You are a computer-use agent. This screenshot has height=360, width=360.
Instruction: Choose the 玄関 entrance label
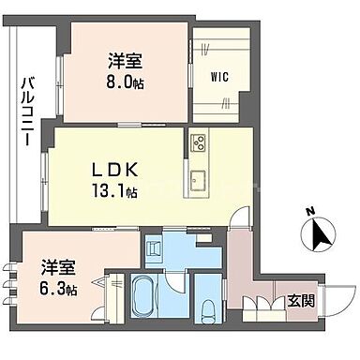[301, 302]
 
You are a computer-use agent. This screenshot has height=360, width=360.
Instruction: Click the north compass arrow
[319, 232]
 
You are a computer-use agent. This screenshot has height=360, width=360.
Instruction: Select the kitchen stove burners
[199, 143]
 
